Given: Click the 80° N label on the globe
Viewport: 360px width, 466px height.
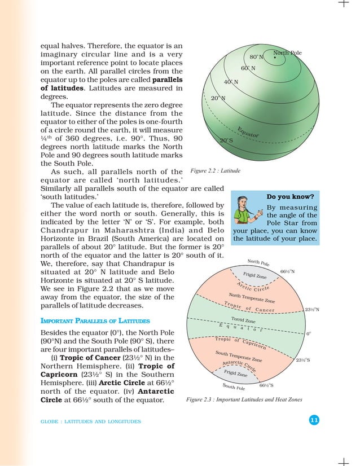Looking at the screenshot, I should (256, 57).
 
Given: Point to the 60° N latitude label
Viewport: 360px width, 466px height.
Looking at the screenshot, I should (248, 69).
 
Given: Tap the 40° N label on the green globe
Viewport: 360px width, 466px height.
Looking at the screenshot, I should (231, 82).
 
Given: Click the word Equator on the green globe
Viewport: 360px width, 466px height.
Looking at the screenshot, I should (249, 131).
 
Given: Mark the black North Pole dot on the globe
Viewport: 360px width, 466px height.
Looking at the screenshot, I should (274, 57).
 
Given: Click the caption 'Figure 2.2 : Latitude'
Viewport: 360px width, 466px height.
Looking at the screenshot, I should (216, 170).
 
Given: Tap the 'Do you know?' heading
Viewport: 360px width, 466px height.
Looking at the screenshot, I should (290, 197).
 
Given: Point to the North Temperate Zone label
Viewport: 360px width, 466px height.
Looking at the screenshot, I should (252, 297).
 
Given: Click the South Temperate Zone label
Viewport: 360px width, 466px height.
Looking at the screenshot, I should (239, 357).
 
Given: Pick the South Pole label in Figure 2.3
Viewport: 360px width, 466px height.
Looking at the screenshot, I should (233, 387).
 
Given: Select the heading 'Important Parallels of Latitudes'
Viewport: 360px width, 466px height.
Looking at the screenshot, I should (95, 320).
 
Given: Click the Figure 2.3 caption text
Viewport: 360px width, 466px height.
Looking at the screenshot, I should (244, 399).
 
